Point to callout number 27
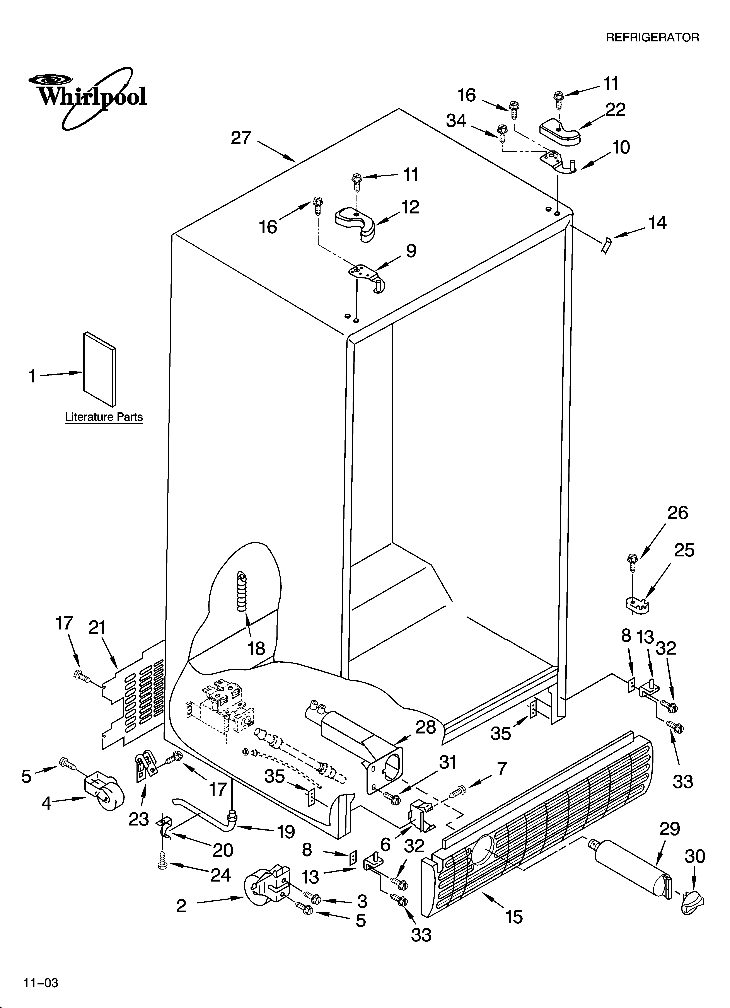point(241,138)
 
